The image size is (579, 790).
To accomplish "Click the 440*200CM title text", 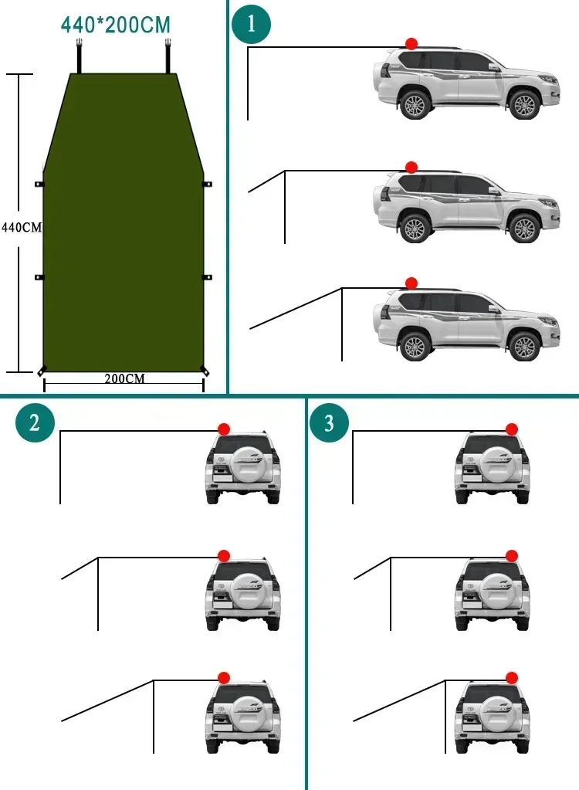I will (x=115, y=25).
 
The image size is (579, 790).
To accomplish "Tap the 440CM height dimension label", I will (x=21, y=228).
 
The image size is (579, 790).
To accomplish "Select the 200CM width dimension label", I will (x=124, y=378).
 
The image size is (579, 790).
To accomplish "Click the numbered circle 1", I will (x=252, y=24).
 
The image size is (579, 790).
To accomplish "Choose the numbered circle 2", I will (x=34, y=422).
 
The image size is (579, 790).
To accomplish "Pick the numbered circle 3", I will (x=329, y=422).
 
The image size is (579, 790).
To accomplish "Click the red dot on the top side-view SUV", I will (x=411, y=43).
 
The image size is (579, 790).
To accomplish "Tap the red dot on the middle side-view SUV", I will (x=411, y=167).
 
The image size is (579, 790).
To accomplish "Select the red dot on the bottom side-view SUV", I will (x=411, y=283).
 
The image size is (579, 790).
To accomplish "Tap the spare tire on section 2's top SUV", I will (x=243, y=464).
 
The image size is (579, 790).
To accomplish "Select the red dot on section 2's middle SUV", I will (x=224, y=555).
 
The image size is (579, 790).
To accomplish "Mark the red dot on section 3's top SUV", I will (x=511, y=429).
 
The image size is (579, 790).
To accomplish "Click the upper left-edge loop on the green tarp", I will (x=39, y=184).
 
